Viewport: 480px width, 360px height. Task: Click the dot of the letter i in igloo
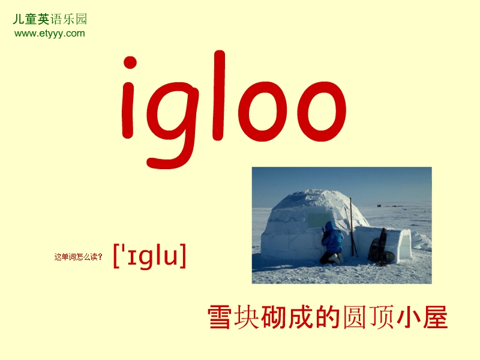[x=130, y=62]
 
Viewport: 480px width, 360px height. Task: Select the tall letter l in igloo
[x=218, y=95]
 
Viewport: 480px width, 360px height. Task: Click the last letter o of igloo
[x=321, y=111]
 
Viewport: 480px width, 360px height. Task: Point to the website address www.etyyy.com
[x=50, y=33]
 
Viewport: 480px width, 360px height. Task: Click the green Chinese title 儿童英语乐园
[x=50, y=19]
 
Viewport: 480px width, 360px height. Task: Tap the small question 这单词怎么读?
[x=78, y=257]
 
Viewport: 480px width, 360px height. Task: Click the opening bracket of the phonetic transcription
[x=116, y=256]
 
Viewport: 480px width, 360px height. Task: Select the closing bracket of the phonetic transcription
[x=182, y=256]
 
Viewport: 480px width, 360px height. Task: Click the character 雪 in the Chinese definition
[x=219, y=317]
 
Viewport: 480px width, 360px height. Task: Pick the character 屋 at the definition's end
[x=436, y=317]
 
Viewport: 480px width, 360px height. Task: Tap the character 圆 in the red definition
[x=355, y=317]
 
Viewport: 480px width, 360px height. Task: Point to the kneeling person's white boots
[x=338, y=259]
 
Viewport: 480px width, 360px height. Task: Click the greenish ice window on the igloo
[x=319, y=220]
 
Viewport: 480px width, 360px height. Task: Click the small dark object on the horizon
[x=379, y=205]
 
